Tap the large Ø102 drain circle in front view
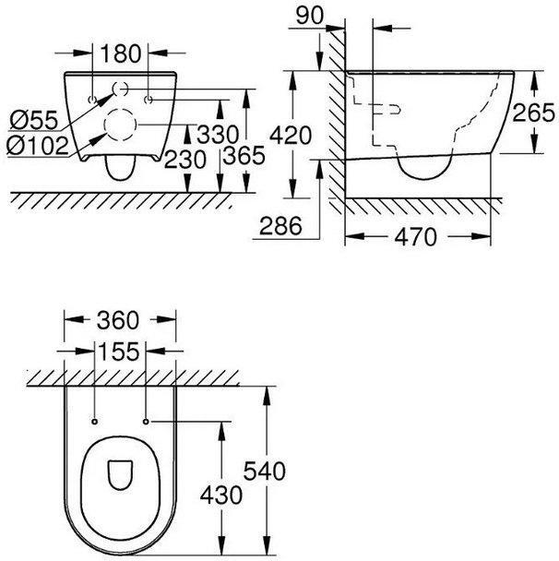120,124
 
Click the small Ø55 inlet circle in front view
121,90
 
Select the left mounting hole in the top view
95,421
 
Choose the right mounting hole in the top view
147,421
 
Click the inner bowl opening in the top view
121,476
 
